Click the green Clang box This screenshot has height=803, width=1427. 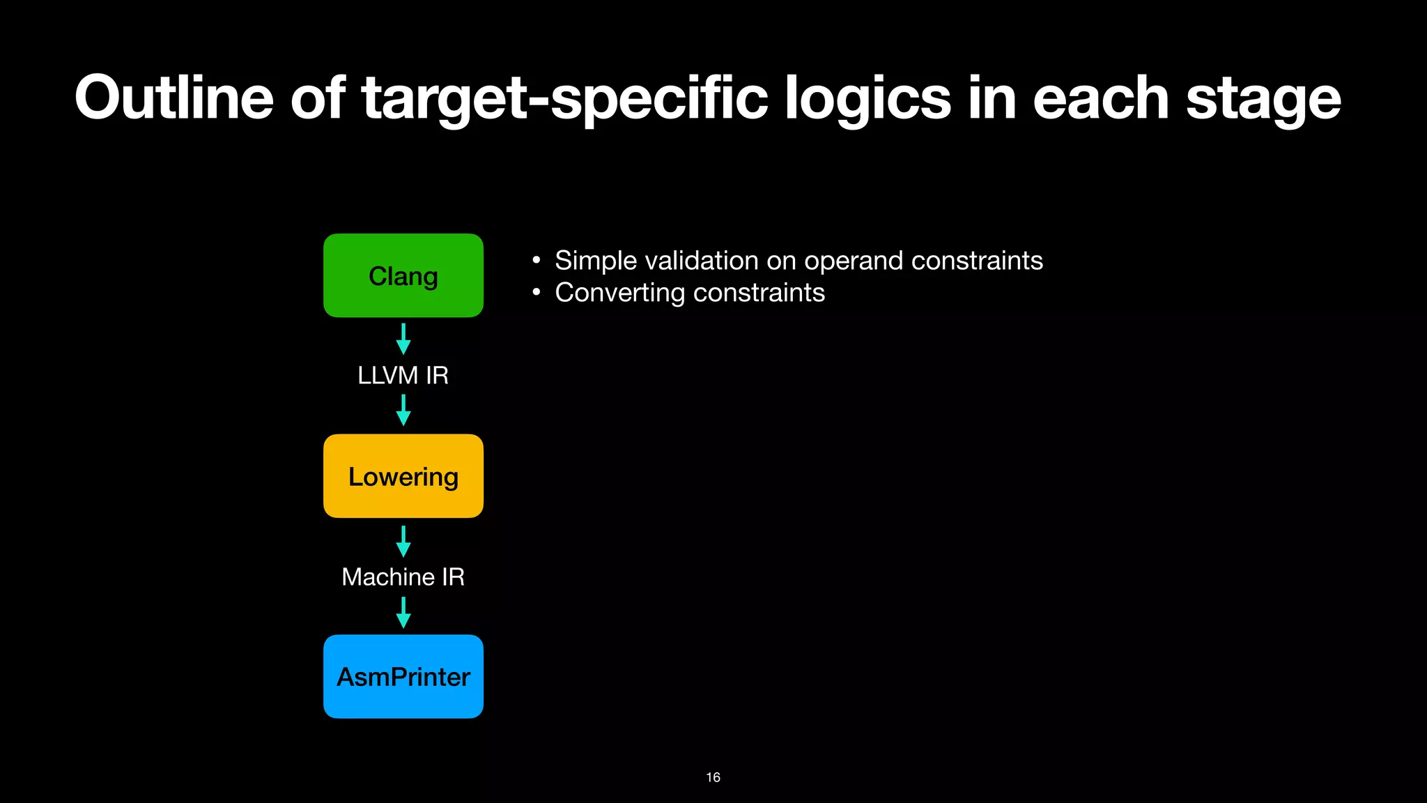tap(403, 276)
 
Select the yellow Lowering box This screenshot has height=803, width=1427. tap(403, 476)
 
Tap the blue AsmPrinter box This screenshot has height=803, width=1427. tap(403, 676)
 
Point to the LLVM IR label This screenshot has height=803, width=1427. tap(403, 375)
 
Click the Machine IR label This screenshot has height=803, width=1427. tap(403, 576)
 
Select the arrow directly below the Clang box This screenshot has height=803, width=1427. tap(403, 339)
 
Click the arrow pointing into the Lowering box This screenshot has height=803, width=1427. tap(403, 410)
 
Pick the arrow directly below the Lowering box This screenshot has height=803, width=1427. tap(403, 541)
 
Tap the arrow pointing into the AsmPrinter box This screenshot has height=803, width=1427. tap(403, 613)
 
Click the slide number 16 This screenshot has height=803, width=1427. tap(713, 777)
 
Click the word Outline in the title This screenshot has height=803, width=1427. tap(174, 98)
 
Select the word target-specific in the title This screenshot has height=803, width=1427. tap(565, 99)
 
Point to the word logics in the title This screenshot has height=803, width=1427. tap(867, 99)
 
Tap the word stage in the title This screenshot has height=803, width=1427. tap(1263, 99)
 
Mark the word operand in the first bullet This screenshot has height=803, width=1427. tap(853, 261)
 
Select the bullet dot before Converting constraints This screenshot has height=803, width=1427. tap(536, 293)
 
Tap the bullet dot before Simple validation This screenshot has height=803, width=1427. tap(536, 261)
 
